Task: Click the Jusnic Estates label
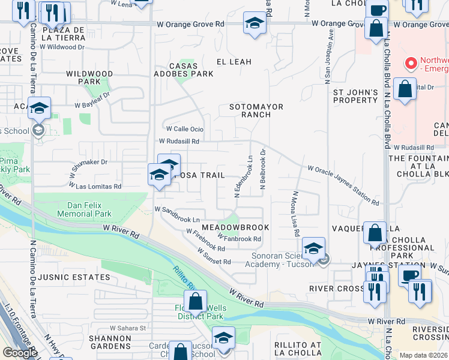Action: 74,278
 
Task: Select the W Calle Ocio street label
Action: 185,129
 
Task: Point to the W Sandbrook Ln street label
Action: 177,210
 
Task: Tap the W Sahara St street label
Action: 128,328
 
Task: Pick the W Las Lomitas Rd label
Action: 95,187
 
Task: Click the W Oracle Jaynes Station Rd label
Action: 343,186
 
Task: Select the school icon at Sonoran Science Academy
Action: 313,248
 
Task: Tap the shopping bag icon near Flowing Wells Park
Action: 195,302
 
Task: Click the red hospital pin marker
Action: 411,62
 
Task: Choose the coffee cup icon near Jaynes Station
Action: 410,276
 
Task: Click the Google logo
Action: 20,353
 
